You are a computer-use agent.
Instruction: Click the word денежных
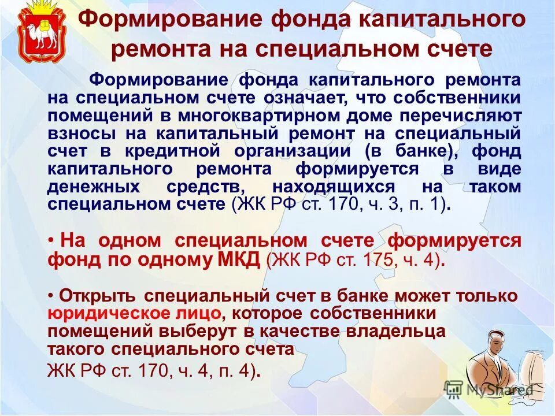[94, 187]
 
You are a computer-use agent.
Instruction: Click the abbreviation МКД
[239, 259]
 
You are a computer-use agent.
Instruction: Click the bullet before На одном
[51, 240]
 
